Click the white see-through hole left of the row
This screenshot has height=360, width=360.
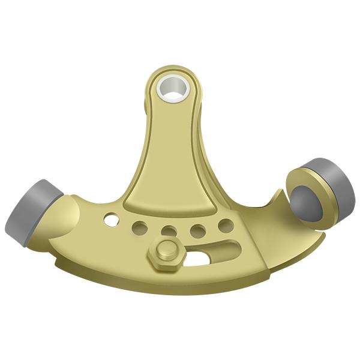111,218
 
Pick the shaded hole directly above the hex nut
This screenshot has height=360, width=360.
169,232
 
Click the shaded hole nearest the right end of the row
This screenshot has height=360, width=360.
226,225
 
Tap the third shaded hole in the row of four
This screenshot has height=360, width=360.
197,230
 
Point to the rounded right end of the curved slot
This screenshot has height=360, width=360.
237,245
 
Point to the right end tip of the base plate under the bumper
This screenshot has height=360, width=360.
325,235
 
